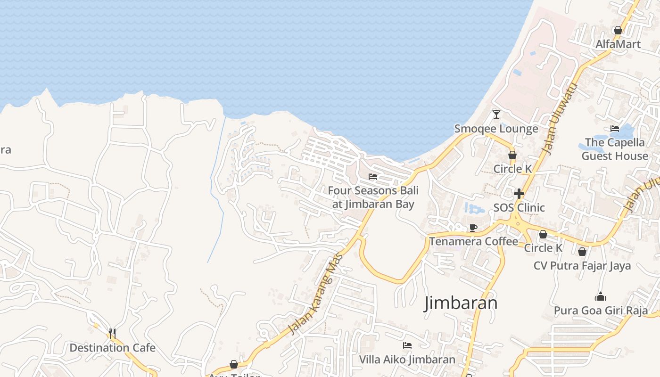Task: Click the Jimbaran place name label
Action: point(461,303)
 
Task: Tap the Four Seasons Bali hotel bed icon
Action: point(373,177)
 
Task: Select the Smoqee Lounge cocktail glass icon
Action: point(496,114)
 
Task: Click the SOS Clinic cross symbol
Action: point(519,194)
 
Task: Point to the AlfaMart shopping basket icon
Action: point(618,30)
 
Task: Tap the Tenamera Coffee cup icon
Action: point(473,228)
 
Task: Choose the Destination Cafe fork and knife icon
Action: point(112,334)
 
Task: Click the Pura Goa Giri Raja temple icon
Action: point(600,296)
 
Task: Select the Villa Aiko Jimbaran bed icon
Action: point(407,345)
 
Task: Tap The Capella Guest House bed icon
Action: point(615,128)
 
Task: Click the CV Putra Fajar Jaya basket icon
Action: point(582,252)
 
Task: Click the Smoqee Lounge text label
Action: point(496,129)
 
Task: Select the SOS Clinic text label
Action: point(519,208)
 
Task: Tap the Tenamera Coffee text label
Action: point(473,242)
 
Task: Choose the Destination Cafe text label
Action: point(112,348)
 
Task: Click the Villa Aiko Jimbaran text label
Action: point(407,360)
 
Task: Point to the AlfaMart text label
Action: point(618,44)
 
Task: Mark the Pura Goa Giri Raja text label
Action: point(600,311)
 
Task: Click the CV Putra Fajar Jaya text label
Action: point(582,266)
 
